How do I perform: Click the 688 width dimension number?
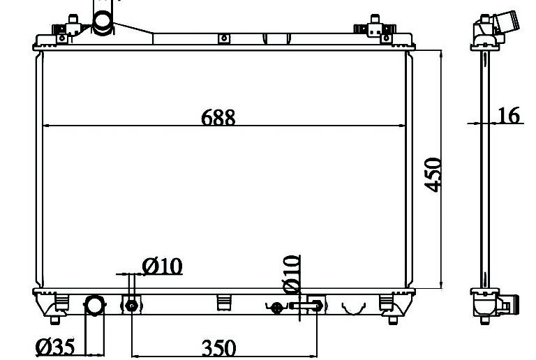tap(218, 117)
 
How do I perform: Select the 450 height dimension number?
tap(433, 174)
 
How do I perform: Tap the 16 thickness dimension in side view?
tap(509, 115)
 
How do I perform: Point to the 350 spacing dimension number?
tap(218, 347)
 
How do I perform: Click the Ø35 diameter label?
tap(55, 347)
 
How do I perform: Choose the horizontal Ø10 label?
tap(163, 267)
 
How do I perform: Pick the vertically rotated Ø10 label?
tap(292, 274)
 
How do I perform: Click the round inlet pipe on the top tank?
tap(103, 22)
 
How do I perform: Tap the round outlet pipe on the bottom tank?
tap(94, 305)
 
